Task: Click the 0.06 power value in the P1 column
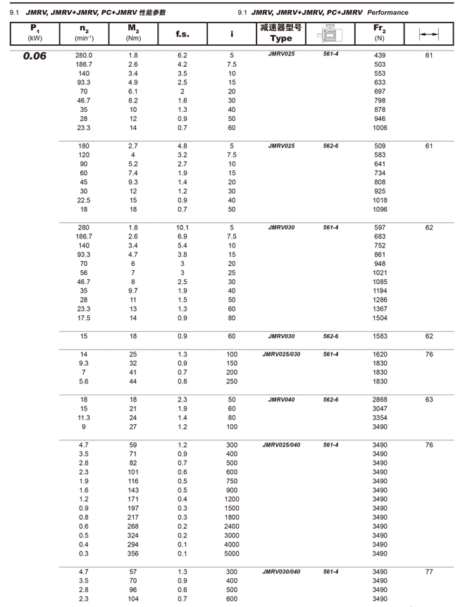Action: pyautogui.click(x=35, y=56)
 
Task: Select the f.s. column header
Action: pyautogui.click(x=182, y=32)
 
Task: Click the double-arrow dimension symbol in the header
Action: pyautogui.click(x=428, y=33)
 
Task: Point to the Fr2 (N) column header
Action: pyautogui.click(x=380, y=32)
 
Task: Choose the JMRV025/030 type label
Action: pyautogui.click(x=281, y=354)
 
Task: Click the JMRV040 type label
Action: pyautogui.click(x=281, y=400)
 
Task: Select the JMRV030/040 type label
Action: pyautogui.click(x=281, y=572)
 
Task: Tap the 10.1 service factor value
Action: pyautogui.click(x=182, y=228)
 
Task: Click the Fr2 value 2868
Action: pyautogui.click(x=380, y=400)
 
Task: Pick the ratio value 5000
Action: pyautogui.click(x=232, y=554)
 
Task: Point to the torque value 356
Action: pyautogui.click(x=133, y=554)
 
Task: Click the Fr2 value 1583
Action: pyautogui.click(x=380, y=336)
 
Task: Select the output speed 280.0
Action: pyautogui.click(x=84, y=55)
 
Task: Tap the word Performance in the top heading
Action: pyautogui.click(x=387, y=13)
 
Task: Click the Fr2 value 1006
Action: pyautogui.click(x=380, y=128)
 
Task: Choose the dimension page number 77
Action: pyautogui.click(x=429, y=572)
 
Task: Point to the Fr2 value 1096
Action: pyautogui.click(x=380, y=210)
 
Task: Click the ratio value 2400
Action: pyautogui.click(x=232, y=527)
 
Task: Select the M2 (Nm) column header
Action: pyautogui.click(x=133, y=32)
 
